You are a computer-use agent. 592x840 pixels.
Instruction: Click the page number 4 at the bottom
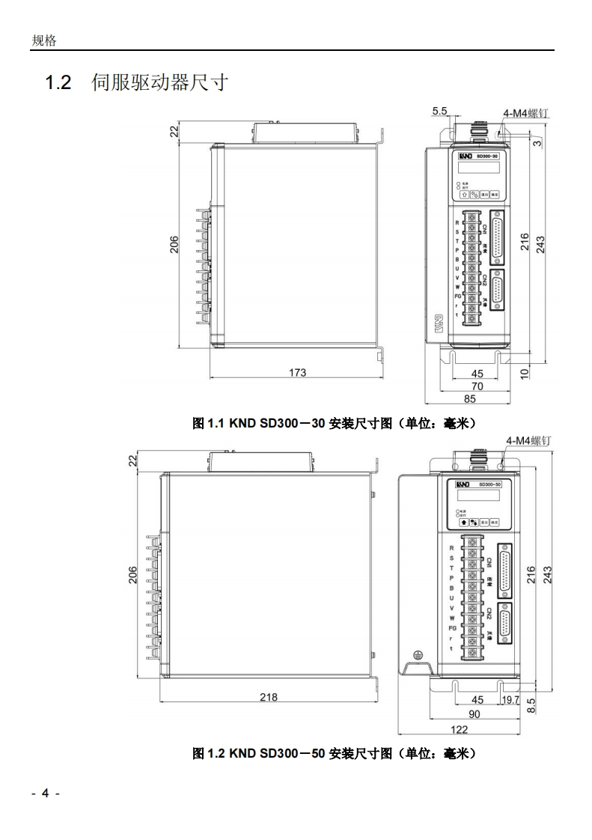(45, 794)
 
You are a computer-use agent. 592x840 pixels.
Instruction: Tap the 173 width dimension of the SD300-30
(297, 372)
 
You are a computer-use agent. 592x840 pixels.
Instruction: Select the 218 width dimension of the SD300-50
(268, 697)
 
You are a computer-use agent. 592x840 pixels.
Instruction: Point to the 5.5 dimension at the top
(439, 111)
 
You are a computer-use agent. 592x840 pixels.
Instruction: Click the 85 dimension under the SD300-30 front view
(471, 398)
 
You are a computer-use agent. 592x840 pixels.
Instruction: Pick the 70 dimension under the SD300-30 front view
(477, 386)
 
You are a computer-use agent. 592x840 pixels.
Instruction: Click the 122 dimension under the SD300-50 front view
(458, 729)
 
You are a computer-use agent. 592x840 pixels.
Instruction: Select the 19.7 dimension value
(510, 700)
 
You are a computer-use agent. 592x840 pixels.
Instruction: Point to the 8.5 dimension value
(532, 705)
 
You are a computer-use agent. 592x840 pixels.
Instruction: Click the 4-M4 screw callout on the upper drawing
(526, 113)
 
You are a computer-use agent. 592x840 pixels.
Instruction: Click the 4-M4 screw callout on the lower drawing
(528, 441)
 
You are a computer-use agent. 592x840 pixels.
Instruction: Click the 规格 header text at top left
(43, 40)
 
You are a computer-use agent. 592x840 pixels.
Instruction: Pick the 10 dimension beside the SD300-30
(525, 372)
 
